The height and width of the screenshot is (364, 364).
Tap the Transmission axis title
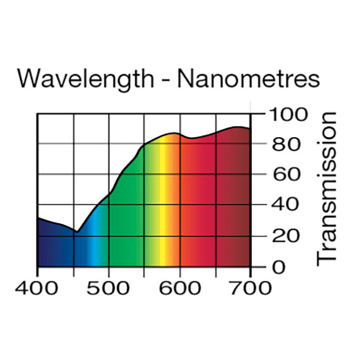pyautogui.click(x=327, y=187)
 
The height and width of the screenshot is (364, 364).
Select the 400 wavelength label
pyautogui.click(x=38, y=286)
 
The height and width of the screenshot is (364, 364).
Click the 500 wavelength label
pyautogui.click(x=109, y=286)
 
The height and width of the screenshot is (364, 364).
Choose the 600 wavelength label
pyautogui.click(x=180, y=286)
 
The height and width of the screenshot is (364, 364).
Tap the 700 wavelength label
pyautogui.click(x=250, y=286)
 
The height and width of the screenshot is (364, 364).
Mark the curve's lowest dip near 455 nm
pyautogui.click(x=76, y=232)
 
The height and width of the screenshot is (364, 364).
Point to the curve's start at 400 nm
pyautogui.click(x=38, y=218)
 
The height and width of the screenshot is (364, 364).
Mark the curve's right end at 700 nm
pyautogui.click(x=249, y=129)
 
